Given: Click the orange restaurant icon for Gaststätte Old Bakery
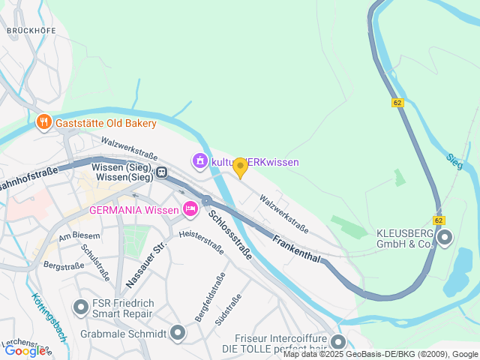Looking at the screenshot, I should [x=43, y=122].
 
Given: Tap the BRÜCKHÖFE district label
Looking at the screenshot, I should [x=31, y=31].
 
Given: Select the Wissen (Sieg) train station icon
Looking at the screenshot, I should [x=160, y=172].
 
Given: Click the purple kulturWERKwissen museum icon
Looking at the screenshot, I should [x=199, y=161].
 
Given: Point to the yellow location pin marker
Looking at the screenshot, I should [x=240, y=167].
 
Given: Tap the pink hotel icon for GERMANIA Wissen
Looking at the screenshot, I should [x=190, y=209].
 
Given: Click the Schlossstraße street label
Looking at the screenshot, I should [x=230, y=235].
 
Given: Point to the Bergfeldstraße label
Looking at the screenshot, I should [x=210, y=298].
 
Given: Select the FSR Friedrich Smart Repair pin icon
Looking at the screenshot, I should [x=80, y=307].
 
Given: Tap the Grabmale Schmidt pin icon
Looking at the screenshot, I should [x=178, y=332].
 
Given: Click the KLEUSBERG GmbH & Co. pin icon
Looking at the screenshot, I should [x=445, y=238].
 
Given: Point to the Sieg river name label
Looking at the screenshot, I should [x=454, y=160].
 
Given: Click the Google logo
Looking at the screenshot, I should [x=25, y=350].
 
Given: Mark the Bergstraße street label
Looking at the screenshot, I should [x=63, y=265].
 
